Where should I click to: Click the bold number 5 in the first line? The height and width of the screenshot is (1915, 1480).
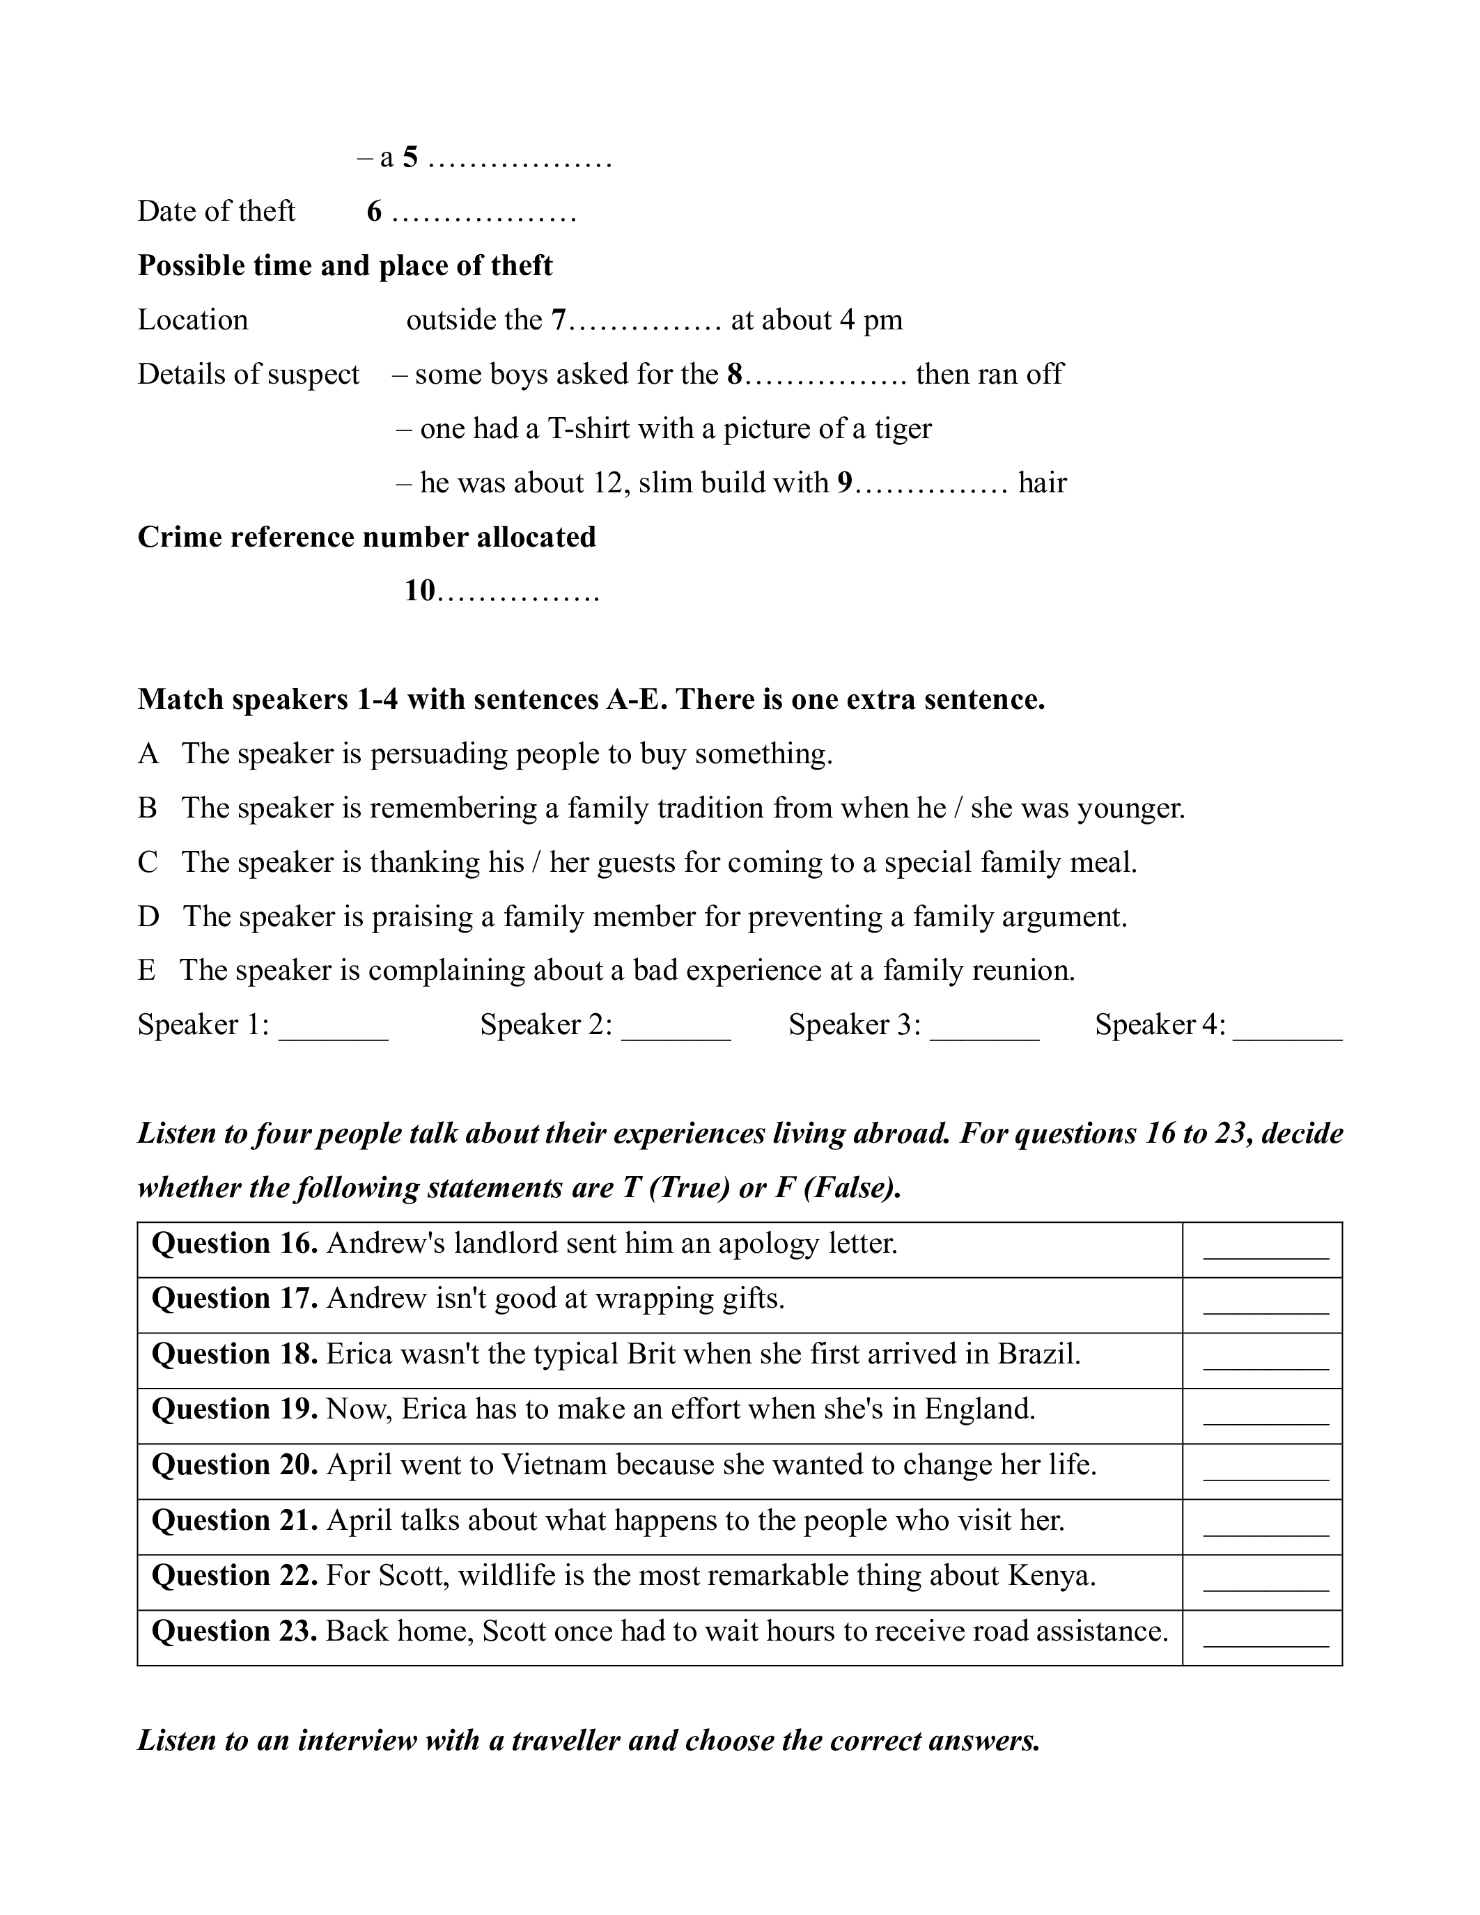(410, 158)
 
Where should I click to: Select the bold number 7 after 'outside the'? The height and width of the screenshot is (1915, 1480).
(559, 320)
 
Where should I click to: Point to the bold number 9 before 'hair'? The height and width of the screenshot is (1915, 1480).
(844, 483)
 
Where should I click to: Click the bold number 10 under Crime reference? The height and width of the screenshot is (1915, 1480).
(420, 591)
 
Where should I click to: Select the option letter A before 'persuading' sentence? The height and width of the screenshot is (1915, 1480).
(148, 754)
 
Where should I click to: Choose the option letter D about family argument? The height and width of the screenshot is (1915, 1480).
(148, 917)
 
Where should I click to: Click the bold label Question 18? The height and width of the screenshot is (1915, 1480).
(234, 1354)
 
